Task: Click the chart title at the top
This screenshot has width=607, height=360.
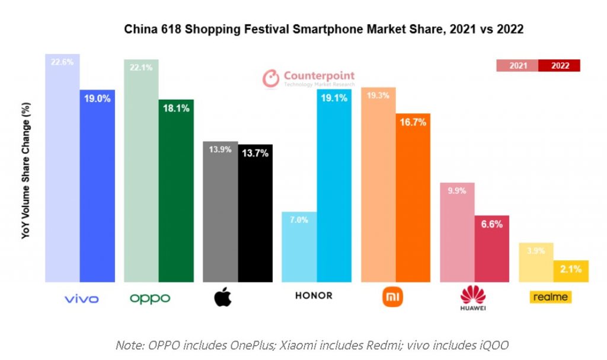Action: coord(323,29)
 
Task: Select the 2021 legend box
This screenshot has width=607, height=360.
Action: coord(517,66)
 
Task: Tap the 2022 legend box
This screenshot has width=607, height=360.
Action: coord(560,66)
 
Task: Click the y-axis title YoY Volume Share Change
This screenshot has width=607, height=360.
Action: coord(25,170)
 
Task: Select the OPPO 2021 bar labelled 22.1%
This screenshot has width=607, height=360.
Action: coord(141,172)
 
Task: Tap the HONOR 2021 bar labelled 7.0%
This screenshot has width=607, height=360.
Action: coord(299,249)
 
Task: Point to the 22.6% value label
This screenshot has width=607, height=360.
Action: coord(62,62)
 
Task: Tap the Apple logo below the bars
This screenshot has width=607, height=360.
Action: coord(222,297)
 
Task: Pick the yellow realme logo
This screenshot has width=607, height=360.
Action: coord(551,297)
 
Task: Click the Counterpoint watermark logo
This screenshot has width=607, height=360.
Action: coord(309,78)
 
